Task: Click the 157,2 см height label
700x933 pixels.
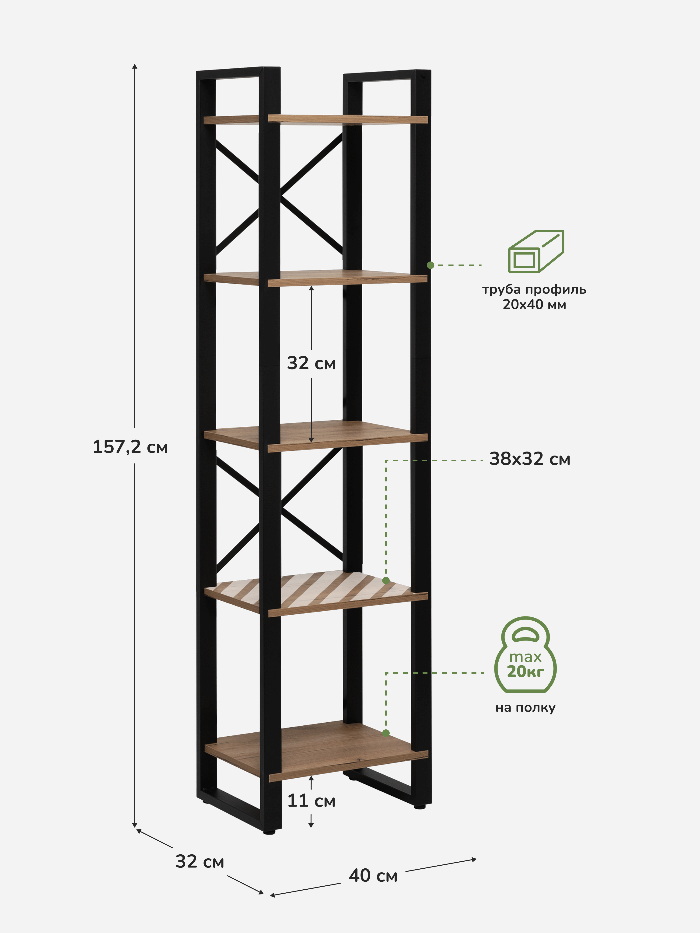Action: (x=130, y=447)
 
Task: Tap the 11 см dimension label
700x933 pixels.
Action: (x=311, y=801)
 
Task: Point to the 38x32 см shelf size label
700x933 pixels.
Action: (x=529, y=459)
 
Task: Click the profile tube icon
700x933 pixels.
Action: (x=536, y=251)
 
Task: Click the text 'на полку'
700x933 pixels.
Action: (x=525, y=707)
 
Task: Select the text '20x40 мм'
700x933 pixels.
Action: (x=534, y=305)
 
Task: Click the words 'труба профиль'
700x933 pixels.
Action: (x=534, y=289)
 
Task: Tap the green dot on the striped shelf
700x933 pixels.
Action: (x=386, y=581)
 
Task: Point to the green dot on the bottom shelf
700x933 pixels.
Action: (x=386, y=733)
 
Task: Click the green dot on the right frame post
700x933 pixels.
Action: (x=430, y=265)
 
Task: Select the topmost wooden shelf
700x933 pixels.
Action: (x=316, y=119)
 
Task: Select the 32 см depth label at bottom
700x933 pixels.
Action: (x=199, y=862)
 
